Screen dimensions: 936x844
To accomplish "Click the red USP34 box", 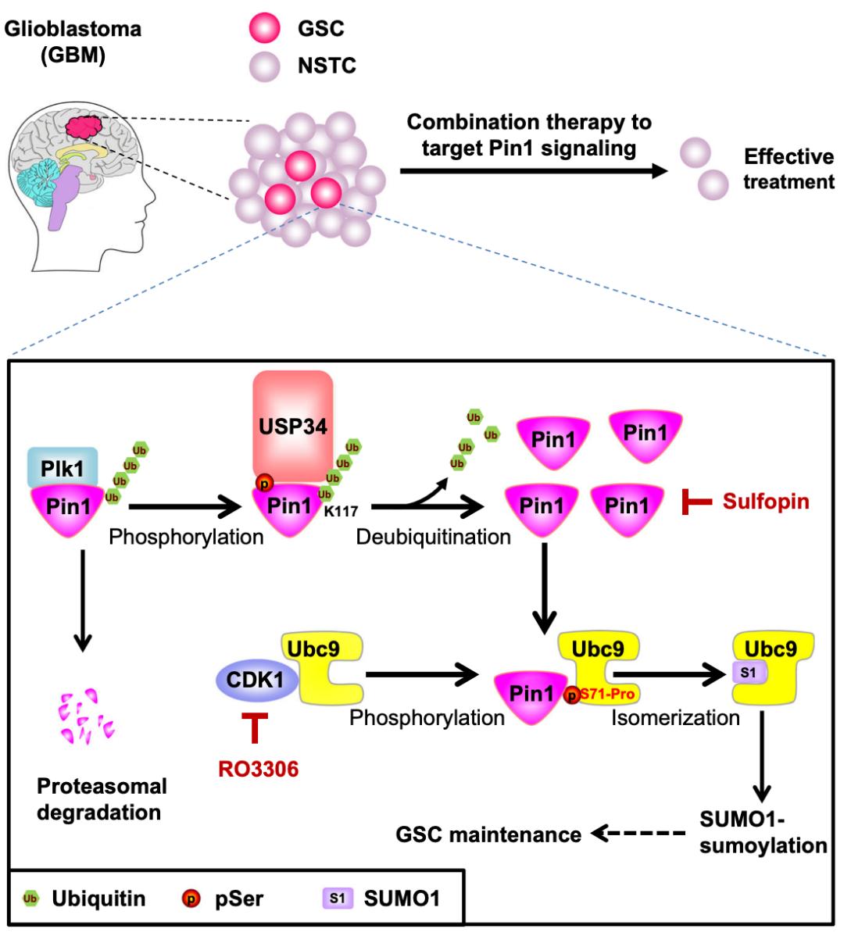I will pyautogui.click(x=293, y=426).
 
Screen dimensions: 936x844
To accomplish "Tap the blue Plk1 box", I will pyautogui.click(x=63, y=469).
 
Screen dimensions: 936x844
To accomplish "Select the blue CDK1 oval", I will pyautogui.click(x=256, y=680).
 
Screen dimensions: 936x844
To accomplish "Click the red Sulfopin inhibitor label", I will pyautogui.click(x=765, y=501).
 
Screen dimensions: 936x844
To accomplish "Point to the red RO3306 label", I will pyautogui.click(x=258, y=769).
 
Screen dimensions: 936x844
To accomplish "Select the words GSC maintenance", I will pyautogui.click(x=488, y=834).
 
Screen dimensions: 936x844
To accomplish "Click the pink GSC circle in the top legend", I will pyautogui.click(x=264, y=30).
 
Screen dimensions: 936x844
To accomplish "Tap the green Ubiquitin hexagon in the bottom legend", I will pyautogui.click(x=30, y=898).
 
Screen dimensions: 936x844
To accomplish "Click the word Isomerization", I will pyautogui.click(x=675, y=717).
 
